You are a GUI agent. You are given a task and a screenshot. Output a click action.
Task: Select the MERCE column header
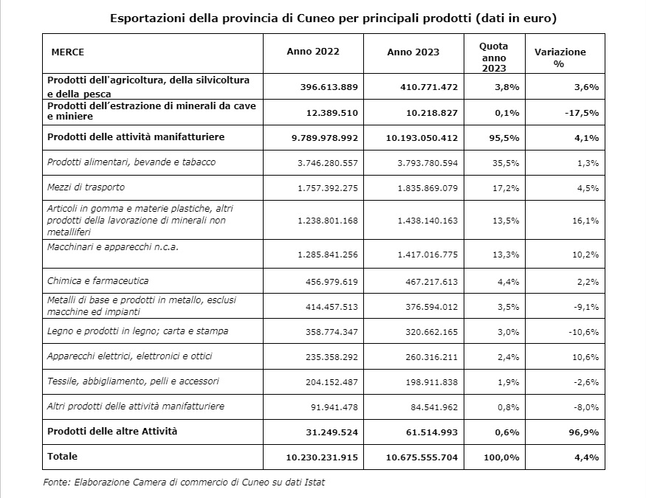pos(68,52)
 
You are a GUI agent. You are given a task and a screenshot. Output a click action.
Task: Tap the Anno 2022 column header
pos(312,52)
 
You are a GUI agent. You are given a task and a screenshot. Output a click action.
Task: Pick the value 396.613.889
pos(329,86)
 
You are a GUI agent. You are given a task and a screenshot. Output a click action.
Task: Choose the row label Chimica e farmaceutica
pos(97,280)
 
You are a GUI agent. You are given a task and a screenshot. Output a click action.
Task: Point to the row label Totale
pos(62,457)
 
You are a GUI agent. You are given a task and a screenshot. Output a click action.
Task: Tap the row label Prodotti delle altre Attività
pos(112,431)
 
